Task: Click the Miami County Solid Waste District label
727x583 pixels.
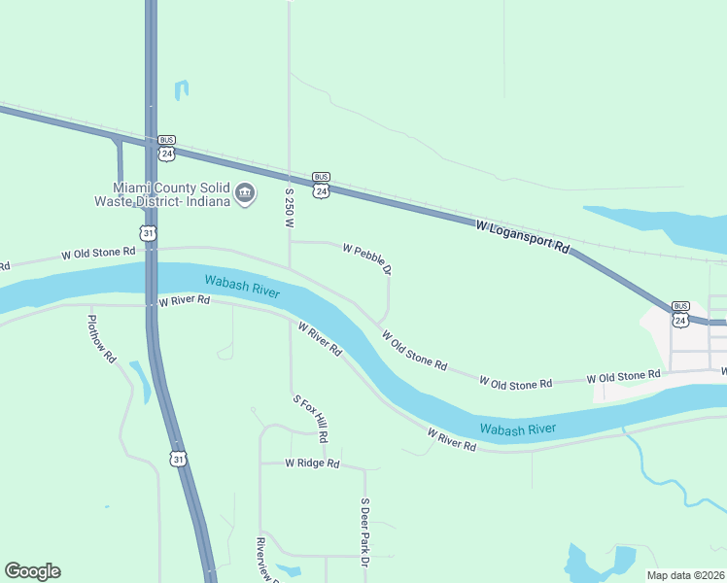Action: coord(171,194)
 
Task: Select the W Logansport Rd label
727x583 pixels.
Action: coord(522,237)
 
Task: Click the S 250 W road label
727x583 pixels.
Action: coord(289,208)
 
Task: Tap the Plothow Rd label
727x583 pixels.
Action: coord(101,338)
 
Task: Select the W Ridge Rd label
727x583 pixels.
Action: coord(312,464)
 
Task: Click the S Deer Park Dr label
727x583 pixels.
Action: coord(365,532)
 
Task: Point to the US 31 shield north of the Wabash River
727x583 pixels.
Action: coord(147,232)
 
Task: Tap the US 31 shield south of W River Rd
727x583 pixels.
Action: coord(176,458)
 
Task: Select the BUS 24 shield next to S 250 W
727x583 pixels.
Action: coord(321,186)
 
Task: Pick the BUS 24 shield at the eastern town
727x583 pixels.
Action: coord(680,314)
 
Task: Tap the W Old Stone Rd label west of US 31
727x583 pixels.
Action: coord(98,253)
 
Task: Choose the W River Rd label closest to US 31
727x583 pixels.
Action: coord(184,301)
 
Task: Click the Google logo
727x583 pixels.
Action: coord(32,571)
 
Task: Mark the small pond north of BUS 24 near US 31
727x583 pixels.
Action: coord(181,90)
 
